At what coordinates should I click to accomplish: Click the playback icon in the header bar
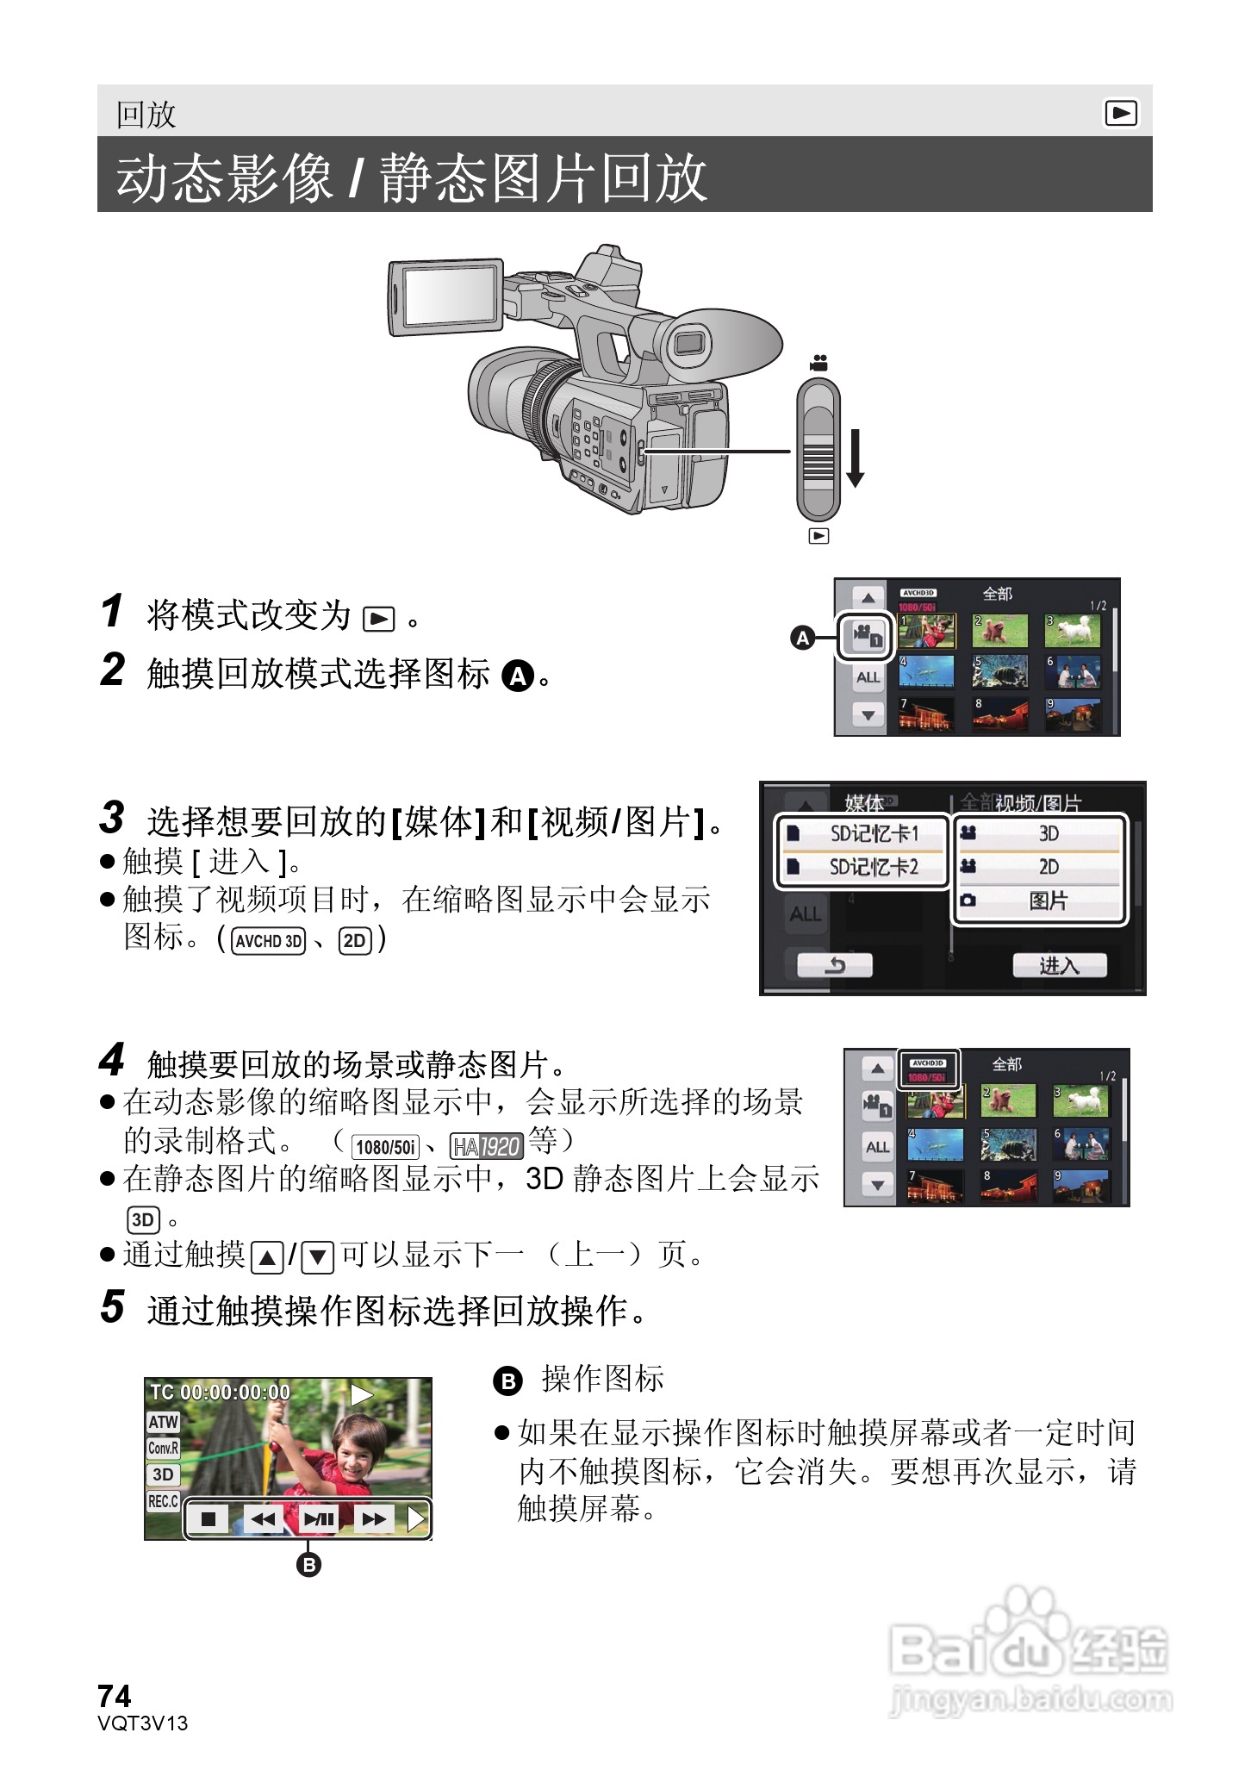1120,113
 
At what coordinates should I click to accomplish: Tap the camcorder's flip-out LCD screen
447,296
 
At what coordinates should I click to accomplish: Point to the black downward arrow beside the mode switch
855,458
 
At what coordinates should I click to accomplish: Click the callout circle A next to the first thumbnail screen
803,638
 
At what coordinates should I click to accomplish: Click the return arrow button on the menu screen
834,965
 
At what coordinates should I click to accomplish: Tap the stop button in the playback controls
208,1518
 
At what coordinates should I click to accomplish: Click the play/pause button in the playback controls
318,1518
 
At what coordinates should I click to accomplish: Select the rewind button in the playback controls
263,1518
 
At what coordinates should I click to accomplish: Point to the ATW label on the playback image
163,1422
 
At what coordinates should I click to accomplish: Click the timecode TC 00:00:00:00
221,1392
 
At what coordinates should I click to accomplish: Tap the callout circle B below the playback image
308,1564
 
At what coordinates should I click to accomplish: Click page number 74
115,1696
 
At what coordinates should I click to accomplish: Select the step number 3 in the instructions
112,818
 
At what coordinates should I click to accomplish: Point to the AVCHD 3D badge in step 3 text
269,941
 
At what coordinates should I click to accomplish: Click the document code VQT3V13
143,1723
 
